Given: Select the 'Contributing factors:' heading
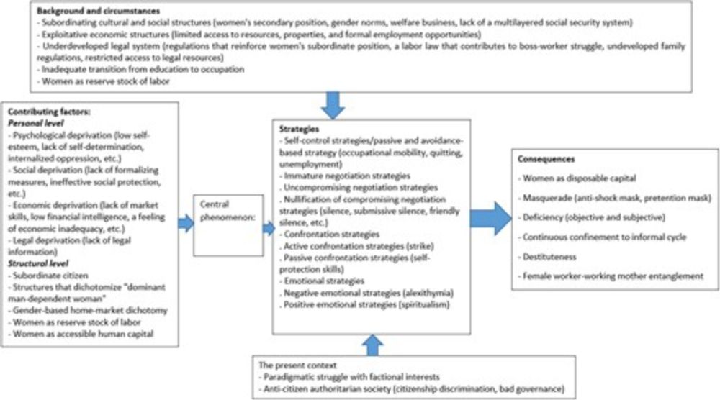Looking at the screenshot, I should pyautogui.click(x=43, y=114).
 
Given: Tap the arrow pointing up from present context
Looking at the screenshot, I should pyautogui.click(x=372, y=346).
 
